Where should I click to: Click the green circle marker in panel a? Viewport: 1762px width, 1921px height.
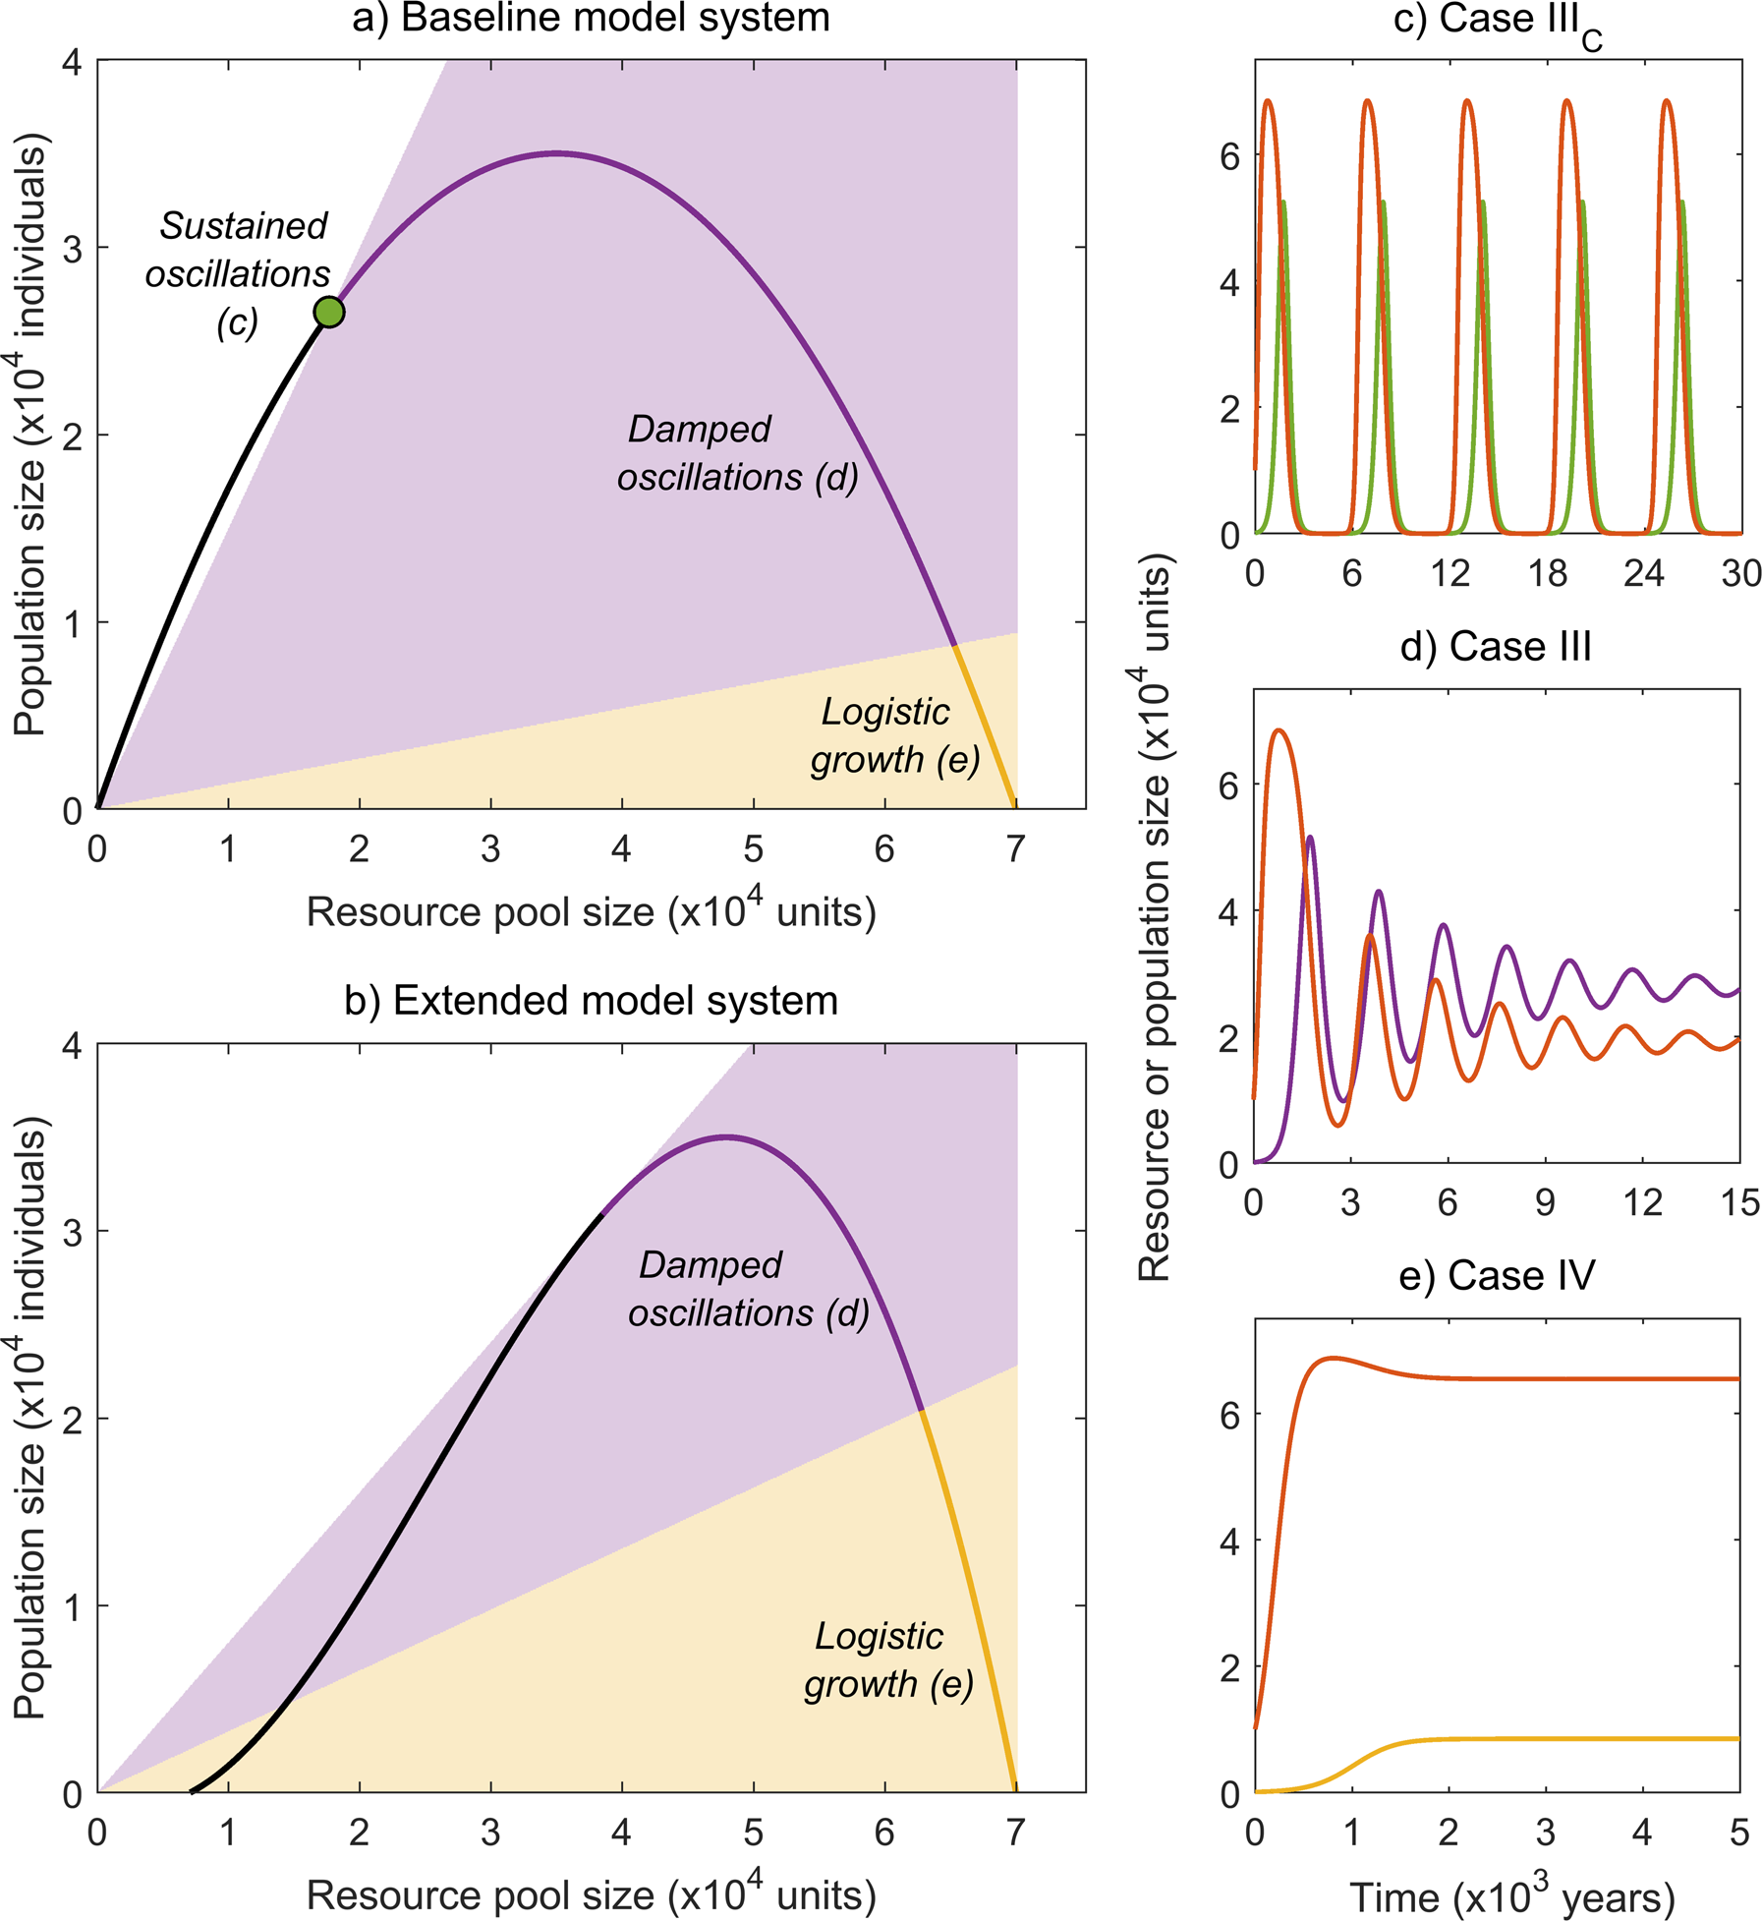pyautogui.click(x=329, y=313)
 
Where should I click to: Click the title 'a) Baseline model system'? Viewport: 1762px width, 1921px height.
pyautogui.click(x=591, y=19)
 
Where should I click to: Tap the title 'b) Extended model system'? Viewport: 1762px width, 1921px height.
pyautogui.click(x=591, y=1001)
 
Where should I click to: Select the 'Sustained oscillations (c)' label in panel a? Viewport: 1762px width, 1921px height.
pyautogui.click(x=239, y=273)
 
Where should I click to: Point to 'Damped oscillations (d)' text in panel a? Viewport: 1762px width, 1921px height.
pyautogui.click(x=737, y=453)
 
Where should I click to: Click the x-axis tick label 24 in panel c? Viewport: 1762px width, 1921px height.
pyautogui.click(x=1644, y=573)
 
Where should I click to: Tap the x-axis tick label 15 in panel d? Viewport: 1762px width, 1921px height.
pyautogui.click(x=1739, y=1202)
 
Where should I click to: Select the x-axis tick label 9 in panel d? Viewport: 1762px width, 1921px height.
pyautogui.click(x=1545, y=1202)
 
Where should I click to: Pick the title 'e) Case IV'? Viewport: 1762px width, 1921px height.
pyautogui.click(x=1496, y=1276)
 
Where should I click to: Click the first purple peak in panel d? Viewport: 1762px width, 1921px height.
pyautogui.click(x=1309, y=838)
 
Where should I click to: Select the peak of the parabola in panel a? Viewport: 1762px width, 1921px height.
pyautogui.click(x=557, y=153)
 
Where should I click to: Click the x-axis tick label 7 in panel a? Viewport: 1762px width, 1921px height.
pyautogui.click(x=1016, y=848)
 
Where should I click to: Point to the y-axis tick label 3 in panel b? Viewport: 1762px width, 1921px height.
pyautogui.click(x=72, y=1232)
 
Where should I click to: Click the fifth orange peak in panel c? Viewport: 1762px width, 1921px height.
pyautogui.click(x=1666, y=101)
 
